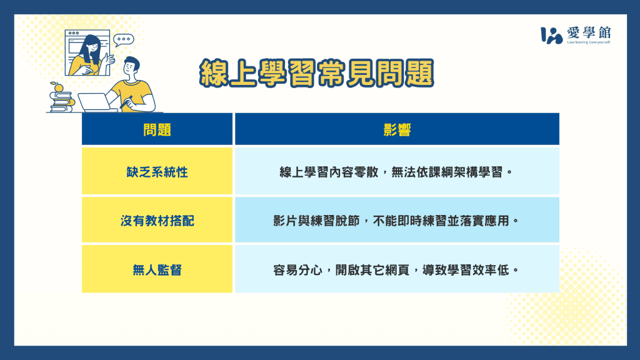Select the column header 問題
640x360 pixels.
[157, 130]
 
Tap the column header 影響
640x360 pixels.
[397, 130]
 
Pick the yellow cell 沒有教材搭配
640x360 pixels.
[157, 221]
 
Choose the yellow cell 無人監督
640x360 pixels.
[157, 269]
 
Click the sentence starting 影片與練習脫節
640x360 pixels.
[396, 221]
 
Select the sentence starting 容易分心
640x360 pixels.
[396, 269]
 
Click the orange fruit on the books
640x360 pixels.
[58, 87]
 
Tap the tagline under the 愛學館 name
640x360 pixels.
[588, 43]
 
